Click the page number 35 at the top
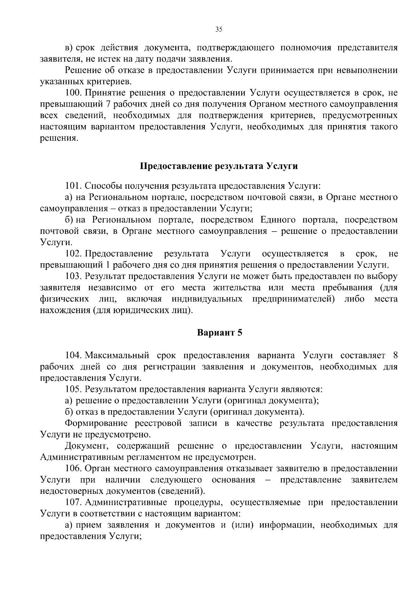point(218,30)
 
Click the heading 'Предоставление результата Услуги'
point(219,166)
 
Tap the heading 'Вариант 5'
point(219,333)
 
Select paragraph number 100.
point(73,93)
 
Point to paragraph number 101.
point(73,186)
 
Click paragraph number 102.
point(73,254)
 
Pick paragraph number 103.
point(73,277)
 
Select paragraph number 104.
point(73,355)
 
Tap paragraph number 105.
point(73,389)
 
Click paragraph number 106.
point(73,468)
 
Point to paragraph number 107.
point(73,503)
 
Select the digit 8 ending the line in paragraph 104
point(395,355)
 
